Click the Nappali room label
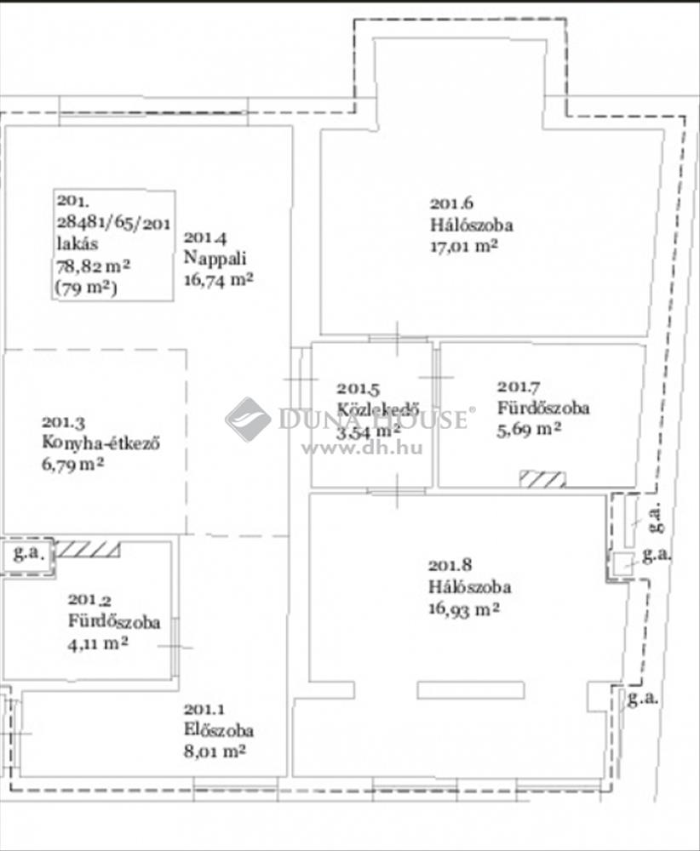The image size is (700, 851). click(215, 259)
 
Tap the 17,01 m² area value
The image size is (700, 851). click(464, 246)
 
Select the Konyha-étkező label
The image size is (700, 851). click(101, 443)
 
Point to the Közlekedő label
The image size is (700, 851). click(378, 409)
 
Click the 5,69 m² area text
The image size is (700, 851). click(530, 429)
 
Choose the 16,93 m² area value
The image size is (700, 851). click(464, 608)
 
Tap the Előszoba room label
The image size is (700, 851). click(219, 730)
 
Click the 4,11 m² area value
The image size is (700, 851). click(98, 643)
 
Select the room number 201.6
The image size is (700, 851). click(452, 203)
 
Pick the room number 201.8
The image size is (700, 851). click(450, 566)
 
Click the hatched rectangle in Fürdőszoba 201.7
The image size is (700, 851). click(542, 478)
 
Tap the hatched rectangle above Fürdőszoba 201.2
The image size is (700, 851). click(88, 549)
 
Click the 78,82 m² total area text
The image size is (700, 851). click(94, 266)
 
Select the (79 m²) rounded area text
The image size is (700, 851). click(87, 288)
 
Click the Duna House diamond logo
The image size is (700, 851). click(248, 419)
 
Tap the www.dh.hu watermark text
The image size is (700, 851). click(362, 448)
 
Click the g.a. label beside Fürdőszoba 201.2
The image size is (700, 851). click(26, 554)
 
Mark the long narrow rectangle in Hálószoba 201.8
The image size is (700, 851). click(471, 690)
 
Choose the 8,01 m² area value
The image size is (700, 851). click(215, 751)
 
